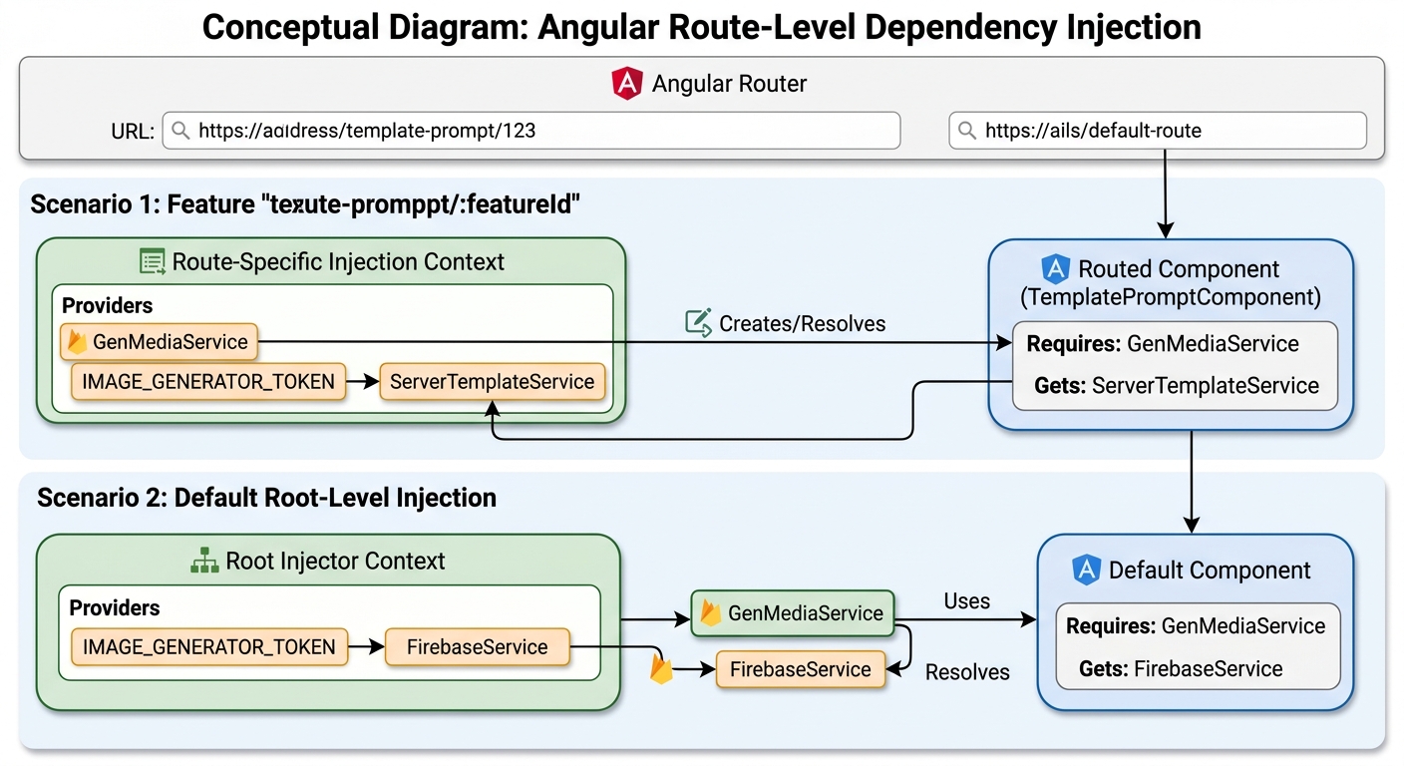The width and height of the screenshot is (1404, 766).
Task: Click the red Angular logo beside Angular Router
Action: tap(627, 84)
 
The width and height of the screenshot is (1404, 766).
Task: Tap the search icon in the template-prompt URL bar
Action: tap(180, 131)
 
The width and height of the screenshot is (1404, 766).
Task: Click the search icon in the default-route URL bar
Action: tap(967, 131)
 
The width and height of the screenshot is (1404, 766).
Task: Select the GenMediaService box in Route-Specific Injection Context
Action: tap(160, 342)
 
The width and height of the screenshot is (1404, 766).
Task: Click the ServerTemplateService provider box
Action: tap(492, 381)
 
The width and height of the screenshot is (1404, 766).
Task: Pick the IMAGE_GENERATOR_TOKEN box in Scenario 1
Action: tap(208, 381)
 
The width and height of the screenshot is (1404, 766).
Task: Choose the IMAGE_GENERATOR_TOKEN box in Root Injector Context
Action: tap(208, 646)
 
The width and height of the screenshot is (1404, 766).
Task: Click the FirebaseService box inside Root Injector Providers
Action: tap(477, 646)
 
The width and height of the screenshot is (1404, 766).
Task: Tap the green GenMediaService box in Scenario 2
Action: tap(793, 613)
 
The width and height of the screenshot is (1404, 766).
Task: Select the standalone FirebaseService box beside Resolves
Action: tap(801, 669)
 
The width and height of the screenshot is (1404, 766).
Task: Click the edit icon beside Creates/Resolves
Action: tap(698, 323)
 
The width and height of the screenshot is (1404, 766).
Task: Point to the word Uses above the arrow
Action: tap(966, 600)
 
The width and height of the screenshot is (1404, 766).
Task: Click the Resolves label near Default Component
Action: tap(967, 672)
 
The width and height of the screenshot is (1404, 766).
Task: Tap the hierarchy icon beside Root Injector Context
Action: tap(204, 561)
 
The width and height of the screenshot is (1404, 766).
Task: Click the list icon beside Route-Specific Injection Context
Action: tap(153, 261)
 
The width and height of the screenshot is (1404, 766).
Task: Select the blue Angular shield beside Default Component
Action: tap(1086, 570)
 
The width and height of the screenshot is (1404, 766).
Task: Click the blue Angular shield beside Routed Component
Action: tap(1056, 269)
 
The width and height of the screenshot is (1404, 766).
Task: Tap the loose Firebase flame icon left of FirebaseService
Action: tap(661, 669)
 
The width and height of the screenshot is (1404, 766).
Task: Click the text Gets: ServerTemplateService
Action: tap(1176, 386)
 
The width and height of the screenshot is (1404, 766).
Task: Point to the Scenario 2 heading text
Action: tap(266, 498)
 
